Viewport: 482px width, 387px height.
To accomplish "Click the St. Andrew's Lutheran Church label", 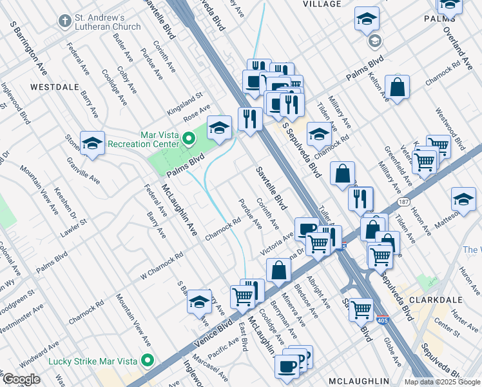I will (x=100, y=22).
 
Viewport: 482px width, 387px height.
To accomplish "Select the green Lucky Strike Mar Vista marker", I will (x=148, y=360).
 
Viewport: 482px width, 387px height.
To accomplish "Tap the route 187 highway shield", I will (x=404, y=202).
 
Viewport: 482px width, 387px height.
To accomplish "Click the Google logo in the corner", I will (x=21, y=379).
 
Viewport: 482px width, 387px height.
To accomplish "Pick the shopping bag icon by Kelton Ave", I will (x=398, y=88).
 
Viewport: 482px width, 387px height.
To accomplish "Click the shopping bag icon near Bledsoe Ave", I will (x=278, y=270).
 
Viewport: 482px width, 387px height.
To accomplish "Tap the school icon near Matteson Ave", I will (x=463, y=200).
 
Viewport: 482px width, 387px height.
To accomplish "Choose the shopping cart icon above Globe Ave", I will (x=361, y=310).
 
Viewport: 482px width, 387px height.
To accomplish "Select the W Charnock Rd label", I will (x=162, y=265).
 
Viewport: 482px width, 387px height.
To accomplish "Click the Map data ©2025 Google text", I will (x=442, y=382).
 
